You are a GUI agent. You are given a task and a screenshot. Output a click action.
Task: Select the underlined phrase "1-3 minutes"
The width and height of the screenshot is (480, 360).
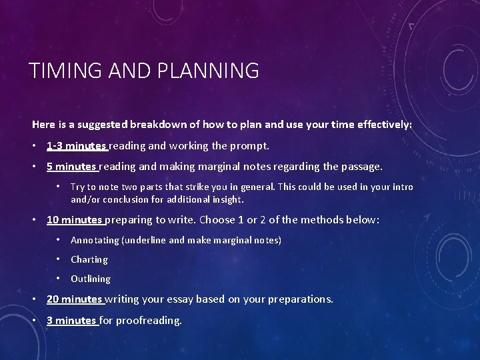[x=76, y=145]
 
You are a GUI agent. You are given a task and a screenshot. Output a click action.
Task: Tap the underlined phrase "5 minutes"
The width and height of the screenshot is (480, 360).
[x=71, y=167]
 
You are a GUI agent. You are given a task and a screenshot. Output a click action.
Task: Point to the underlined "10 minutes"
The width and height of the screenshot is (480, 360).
[x=74, y=219]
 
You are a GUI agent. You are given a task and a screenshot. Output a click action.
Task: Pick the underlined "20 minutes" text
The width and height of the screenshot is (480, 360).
[x=74, y=299]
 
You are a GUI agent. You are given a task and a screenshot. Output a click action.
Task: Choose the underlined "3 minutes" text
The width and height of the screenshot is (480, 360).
[x=71, y=321]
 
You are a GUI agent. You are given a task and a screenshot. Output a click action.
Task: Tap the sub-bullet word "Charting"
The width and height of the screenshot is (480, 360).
[x=89, y=259]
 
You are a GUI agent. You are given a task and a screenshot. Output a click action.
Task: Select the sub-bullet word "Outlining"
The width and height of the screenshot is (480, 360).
[x=91, y=279]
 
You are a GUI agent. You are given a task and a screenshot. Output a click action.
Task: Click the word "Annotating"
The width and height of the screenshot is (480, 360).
[x=95, y=240]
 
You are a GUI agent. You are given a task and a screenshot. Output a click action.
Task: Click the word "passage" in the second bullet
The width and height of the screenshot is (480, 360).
[x=361, y=167]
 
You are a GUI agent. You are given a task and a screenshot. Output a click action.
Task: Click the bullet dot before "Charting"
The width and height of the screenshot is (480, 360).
[x=59, y=259]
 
